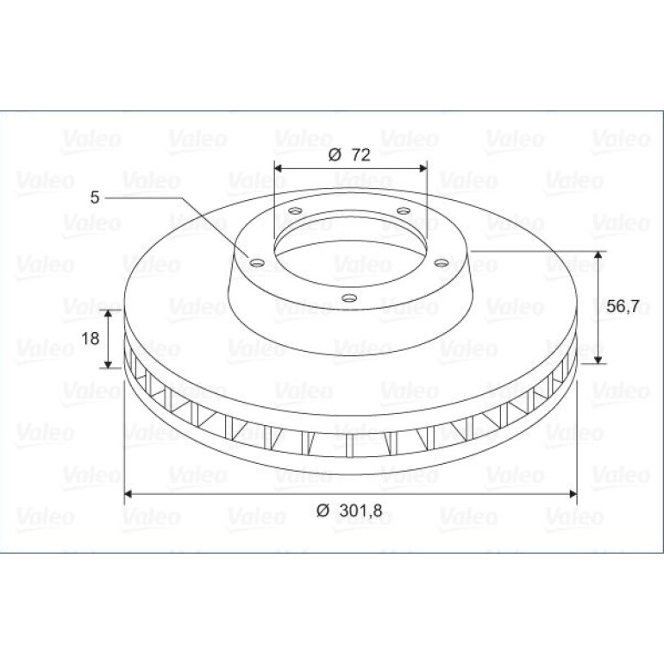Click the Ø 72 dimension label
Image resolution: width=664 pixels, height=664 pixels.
coord(349,155)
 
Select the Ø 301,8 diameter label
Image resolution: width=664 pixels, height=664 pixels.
coord(349,511)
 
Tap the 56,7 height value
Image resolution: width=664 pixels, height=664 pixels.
coord(623,306)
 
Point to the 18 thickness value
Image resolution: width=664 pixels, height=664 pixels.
coord(91,338)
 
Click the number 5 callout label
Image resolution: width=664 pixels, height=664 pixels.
coord(95,197)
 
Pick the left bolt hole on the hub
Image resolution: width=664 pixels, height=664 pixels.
coord(257,263)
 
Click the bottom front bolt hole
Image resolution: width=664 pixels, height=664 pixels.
coord(349,298)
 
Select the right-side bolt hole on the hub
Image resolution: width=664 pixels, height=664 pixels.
coord(442,263)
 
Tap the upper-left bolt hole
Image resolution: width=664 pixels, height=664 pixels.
coord(295,210)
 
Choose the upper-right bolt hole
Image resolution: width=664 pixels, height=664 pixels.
coord(404,210)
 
